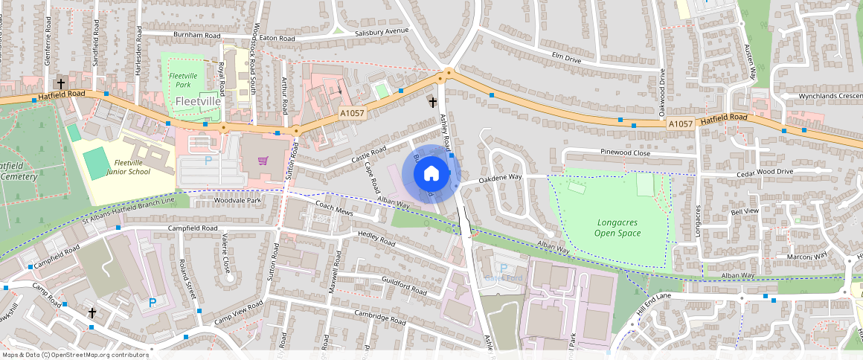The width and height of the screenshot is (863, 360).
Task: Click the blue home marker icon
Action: point(431,174)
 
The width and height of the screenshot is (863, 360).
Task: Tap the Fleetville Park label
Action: point(183,80)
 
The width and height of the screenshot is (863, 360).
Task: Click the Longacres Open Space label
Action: point(617,228)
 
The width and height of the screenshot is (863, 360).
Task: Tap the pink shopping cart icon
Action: point(262,161)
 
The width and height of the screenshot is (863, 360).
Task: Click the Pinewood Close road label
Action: point(626,152)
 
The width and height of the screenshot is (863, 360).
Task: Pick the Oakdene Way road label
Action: point(500,179)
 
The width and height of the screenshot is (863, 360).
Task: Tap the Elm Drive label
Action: point(565,57)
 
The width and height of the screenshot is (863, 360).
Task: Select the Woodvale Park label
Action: point(238,201)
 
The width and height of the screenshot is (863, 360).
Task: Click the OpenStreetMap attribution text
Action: point(74,355)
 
